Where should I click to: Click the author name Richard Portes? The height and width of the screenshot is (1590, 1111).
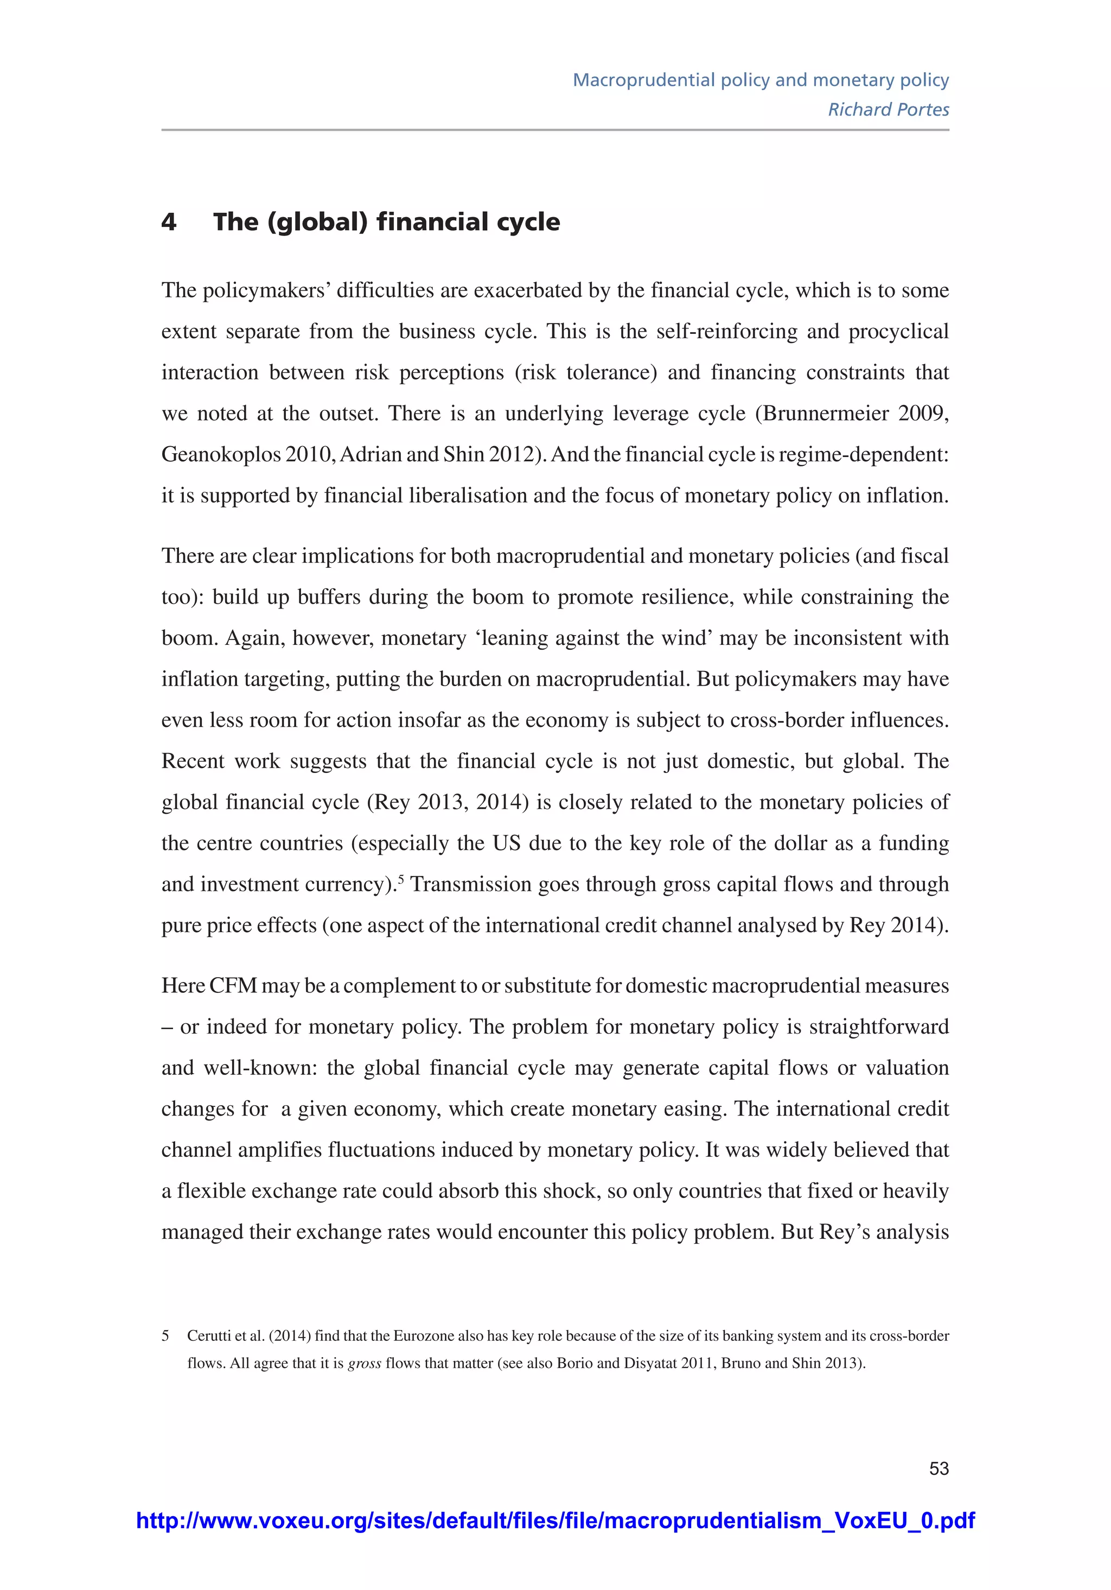[888, 110]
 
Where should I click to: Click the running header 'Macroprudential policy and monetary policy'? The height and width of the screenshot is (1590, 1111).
[760, 80]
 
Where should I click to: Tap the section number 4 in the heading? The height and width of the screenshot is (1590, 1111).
[169, 222]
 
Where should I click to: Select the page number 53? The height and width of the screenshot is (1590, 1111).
[938, 1468]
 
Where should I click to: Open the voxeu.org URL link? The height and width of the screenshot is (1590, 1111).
[555, 1520]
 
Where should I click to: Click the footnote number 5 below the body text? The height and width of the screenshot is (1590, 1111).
[165, 1335]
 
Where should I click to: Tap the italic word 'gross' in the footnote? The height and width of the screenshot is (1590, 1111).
[364, 1363]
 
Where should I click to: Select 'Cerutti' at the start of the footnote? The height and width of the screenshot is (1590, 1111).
[208, 1335]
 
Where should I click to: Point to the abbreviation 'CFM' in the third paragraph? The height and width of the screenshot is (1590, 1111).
[233, 985]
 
